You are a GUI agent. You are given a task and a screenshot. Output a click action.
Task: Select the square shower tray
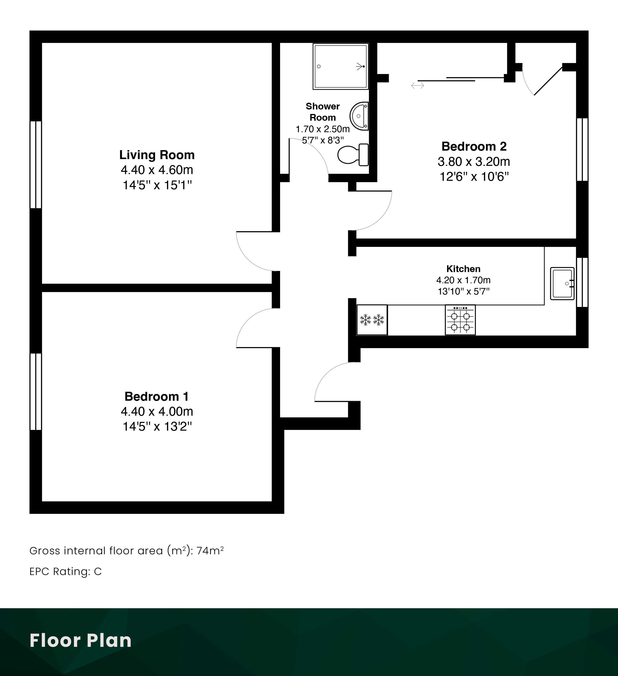[340, 66]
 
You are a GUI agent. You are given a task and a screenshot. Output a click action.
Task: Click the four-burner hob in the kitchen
[460, 320]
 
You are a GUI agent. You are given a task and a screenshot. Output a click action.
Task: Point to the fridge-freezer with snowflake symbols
[372, 320]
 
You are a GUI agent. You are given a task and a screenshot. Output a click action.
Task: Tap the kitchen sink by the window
[562, 283]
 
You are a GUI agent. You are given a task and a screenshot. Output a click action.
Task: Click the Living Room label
[157, 155]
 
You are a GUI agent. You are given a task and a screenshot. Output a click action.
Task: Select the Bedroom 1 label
[156, 396]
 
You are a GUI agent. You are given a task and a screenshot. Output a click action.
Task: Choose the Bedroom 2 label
[474, 146]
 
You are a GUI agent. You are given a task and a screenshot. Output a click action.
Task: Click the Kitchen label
[463, 269]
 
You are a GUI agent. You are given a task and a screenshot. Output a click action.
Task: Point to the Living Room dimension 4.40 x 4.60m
[157, 170]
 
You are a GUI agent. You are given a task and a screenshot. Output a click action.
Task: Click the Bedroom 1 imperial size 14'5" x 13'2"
[157, 427]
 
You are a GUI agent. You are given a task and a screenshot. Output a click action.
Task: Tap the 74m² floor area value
[210, 551]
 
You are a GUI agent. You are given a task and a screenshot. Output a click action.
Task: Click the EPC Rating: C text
[66, 571]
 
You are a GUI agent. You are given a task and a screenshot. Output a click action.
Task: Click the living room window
[36, 165]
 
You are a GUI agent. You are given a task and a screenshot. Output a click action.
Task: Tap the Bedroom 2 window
[582, 150]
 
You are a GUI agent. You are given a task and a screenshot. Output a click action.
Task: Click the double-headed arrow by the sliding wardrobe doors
[418, 86]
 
